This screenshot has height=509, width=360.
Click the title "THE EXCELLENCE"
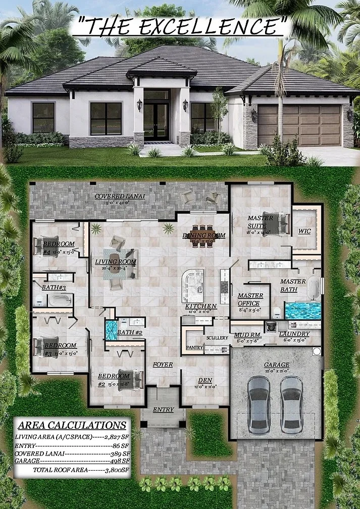pos(180,25)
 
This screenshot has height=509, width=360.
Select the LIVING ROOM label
pos(116,262)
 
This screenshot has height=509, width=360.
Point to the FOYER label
pos(163,365)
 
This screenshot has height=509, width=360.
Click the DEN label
pos(204,380)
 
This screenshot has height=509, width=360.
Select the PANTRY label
pos(194,347)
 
